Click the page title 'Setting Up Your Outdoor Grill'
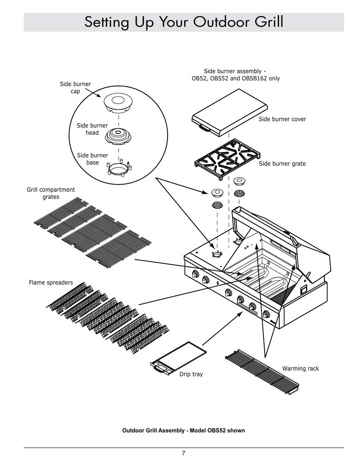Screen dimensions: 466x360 point(184,23)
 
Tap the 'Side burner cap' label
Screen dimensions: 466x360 point(75,88)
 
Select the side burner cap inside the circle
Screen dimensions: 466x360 point(118,102)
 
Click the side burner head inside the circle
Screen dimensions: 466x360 point(118,135)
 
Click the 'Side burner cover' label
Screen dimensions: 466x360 point(282,119)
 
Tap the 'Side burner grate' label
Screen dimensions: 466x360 point(282,164)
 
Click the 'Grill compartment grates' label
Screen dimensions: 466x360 point(51,193)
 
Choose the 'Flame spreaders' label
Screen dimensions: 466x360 point(51,283)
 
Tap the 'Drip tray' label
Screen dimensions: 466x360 point(191,374)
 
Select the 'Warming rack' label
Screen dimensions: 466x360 point(300,369)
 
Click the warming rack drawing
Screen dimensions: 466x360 point(262,372)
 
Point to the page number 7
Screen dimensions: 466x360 point(183,454)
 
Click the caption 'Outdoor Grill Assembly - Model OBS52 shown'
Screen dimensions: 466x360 point(183,431)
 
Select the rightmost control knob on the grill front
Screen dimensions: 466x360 point(267,314)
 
